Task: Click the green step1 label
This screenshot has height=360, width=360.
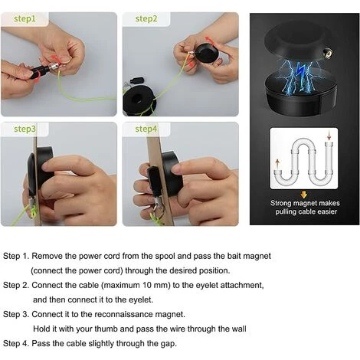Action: [25, 19]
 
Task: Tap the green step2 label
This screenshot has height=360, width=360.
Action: [146, 19]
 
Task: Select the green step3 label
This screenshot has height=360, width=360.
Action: [25, 129]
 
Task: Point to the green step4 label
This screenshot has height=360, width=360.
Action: [146, 129]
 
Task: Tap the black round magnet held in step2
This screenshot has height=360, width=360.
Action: [207, 54]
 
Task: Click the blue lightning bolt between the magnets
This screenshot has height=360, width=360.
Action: [300, 71]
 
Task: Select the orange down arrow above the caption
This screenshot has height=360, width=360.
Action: [303, 195]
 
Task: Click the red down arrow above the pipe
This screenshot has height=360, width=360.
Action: [329, 135]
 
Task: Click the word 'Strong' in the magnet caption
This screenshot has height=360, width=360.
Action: [281, 203]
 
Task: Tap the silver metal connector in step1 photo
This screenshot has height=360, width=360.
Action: [54, 67]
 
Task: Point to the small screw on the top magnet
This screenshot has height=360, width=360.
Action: [329, 54]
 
